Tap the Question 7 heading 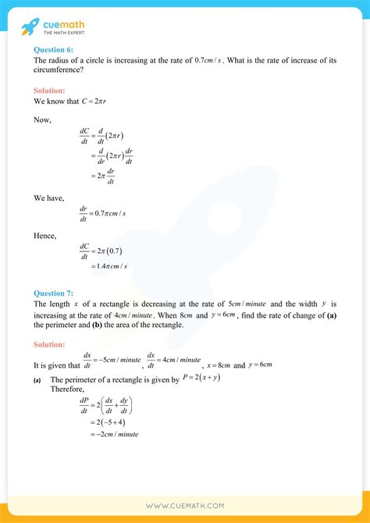[x=54, y=294]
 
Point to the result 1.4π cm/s [x=109, y=266]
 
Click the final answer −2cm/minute [x=111, y=433]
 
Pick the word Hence [x=46, y=234]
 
